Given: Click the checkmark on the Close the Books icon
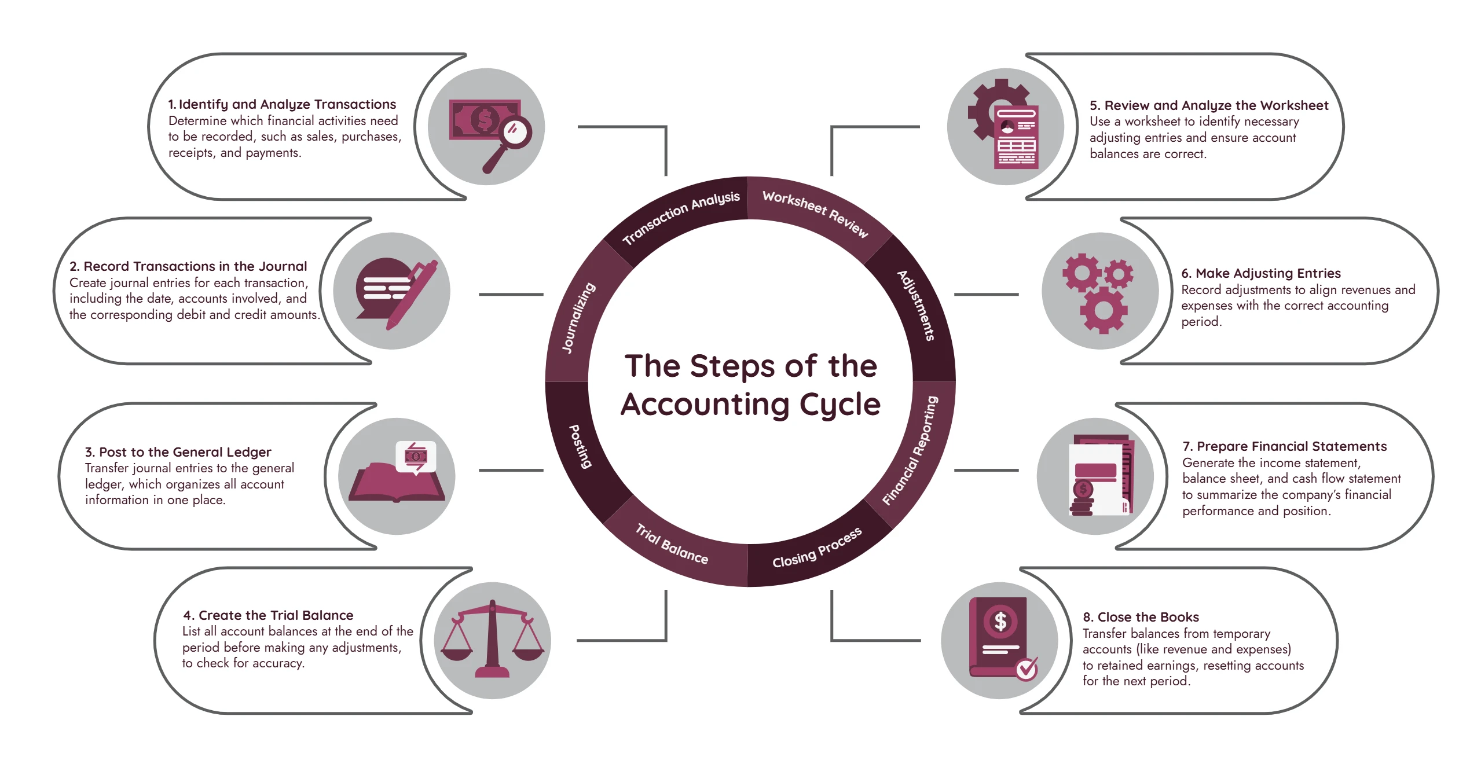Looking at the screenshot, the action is (1027, 669).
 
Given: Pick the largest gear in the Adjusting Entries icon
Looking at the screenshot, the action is (1104, 310).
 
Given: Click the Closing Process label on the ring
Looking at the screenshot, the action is (817, 548).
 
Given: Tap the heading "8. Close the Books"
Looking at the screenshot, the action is (1141, 617).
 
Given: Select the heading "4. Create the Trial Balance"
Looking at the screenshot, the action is (268, 615).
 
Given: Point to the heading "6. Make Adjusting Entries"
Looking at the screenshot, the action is (1261, 273).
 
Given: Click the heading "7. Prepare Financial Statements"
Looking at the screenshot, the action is (1285, 446).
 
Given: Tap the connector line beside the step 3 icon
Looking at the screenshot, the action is (511, 471).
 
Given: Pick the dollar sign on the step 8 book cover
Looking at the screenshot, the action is (1000, 622).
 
